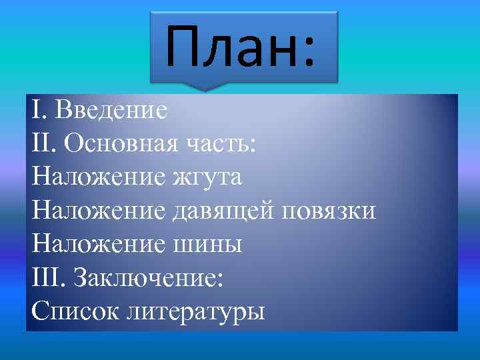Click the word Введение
[111, 109]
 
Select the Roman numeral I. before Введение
[38, 109]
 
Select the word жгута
[207, 177]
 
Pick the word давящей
[223, 211]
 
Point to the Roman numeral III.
[47, 277]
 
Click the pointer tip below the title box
[207, 89]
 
